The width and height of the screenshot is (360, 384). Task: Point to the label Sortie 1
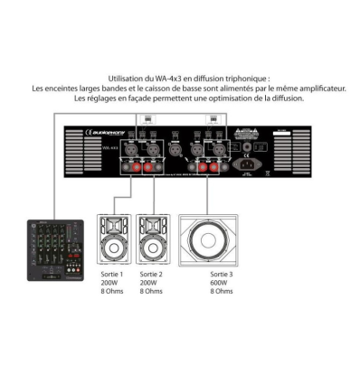pyautogui.click(x=109, y=273)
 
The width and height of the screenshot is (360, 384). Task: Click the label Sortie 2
pyautogui.click(x=151, y=273)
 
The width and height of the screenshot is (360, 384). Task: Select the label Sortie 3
pyautogui.click(x=221, y=273)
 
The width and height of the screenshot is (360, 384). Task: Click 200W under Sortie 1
pyautogui.click(x=107, y=282)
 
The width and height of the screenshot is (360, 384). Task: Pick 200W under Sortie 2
pyautogui.click(x=148, y=282)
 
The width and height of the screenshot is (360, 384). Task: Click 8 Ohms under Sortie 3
pyautogui.click(x=222, y=291)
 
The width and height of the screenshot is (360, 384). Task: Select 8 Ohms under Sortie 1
pyautogui.click(x=109, y=291)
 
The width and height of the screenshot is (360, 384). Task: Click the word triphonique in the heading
pyautogui.click(x=244, y=80)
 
